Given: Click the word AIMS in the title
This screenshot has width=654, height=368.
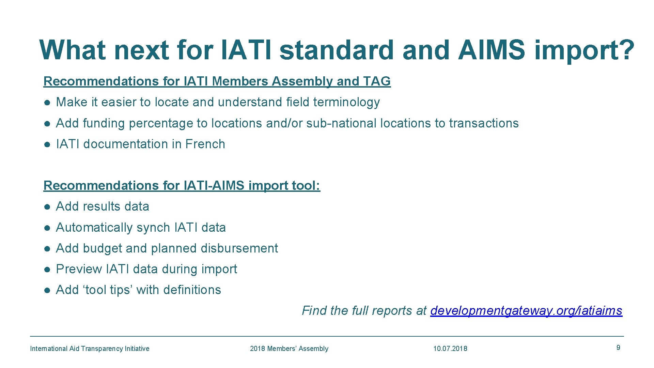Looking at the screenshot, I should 492,50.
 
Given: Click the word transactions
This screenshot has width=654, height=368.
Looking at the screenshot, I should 484,123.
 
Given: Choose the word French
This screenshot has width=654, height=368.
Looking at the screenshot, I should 205,144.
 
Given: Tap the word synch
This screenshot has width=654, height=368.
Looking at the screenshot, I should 153,228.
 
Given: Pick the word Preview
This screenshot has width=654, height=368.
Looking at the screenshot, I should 79,269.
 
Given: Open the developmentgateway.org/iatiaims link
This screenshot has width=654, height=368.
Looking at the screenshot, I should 526,311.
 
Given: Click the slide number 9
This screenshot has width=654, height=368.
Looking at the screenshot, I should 618,348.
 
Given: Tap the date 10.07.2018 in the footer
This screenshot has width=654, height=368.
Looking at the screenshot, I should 450,349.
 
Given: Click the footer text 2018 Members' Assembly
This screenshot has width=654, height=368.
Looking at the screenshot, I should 289,349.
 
